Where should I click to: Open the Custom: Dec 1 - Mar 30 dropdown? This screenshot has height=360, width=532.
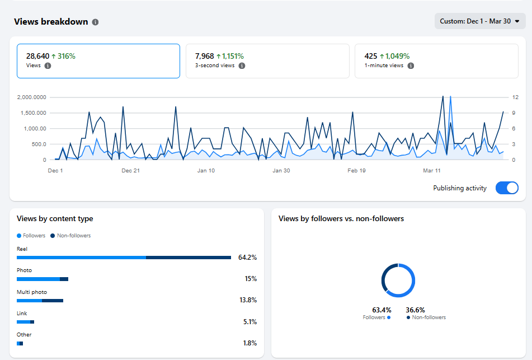pyautogui.click(x=479, y=21)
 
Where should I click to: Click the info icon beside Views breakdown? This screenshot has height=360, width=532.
pyautogui.click(x=95, y=22)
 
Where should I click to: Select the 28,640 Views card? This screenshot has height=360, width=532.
pyautogui.click(x=98, y=60)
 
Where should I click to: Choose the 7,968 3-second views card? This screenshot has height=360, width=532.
pyautogui.click(x=267, y=60)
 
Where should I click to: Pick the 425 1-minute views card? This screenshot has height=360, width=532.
pyautogui.click(x=436, y=60)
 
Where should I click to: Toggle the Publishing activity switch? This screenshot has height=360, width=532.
pyautogui.click(x=507, y=188)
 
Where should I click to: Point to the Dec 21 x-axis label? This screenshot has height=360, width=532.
pyautogui.click(x=130, y=171)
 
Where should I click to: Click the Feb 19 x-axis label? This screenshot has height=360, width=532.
pyautogui.click(x=356, y=171)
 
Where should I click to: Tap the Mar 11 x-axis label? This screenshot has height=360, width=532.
pyautogui.click(x=432, y=171)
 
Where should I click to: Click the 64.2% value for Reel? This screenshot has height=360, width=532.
pyautogui.click(x=247, y=258)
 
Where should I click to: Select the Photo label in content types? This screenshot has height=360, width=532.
pyautogui.click(x=24, y=270)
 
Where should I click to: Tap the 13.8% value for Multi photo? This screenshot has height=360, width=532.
pyautogui.click(x=248, y=300)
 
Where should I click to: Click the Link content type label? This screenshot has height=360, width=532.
pyautogui.click(x=22, y=314)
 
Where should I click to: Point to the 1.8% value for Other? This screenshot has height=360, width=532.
pyautogui.click(x=249, y=343)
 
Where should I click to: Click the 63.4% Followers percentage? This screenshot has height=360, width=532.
pyautogui.click(x=382, y=310)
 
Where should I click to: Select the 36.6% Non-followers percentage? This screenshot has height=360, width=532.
pyautogui.click(x=415, y=310)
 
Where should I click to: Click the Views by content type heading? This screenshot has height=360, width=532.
pyautogui.click(x=55, y=219)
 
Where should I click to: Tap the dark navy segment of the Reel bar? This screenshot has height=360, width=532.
pyautogui.click(x=189, y=258)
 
